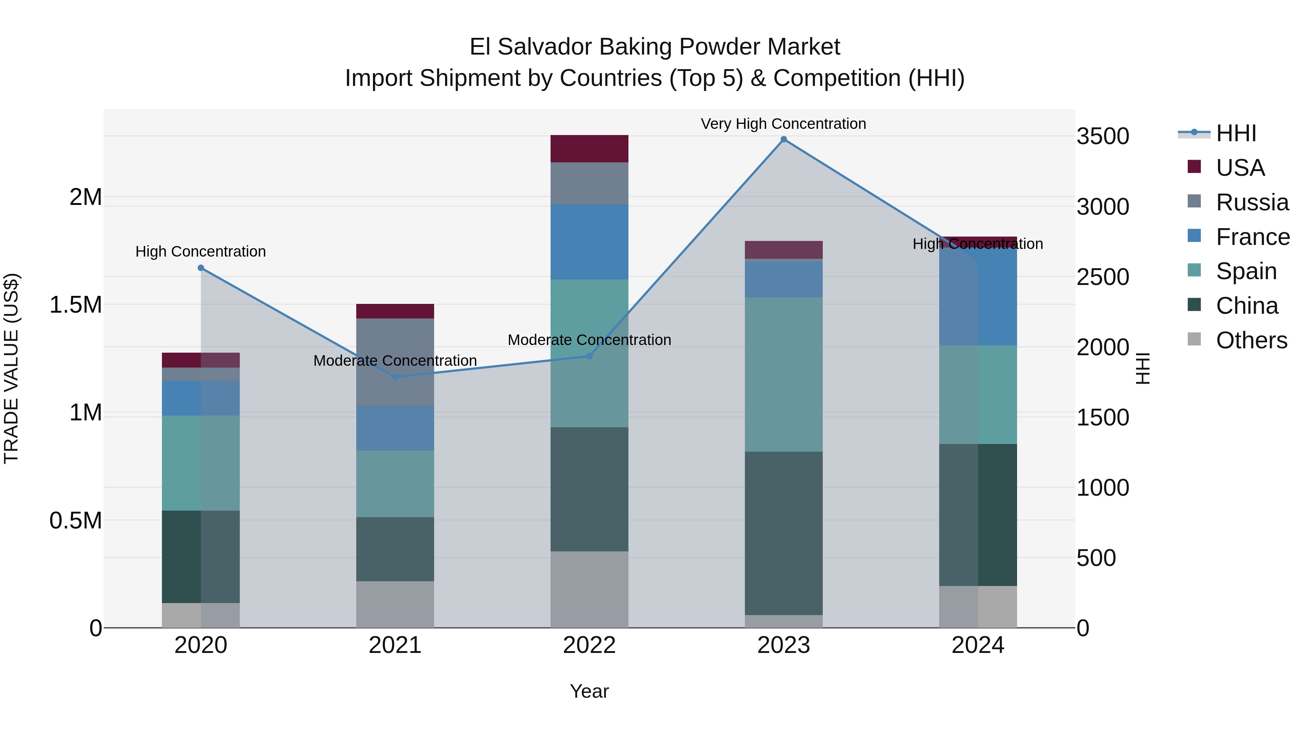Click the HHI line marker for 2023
[x=784, y=139]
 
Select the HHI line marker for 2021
[x=395, y=377]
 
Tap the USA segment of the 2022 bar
[x=589, y=148]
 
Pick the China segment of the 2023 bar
[x=784, y=533]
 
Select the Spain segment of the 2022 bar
[x=589, y=353]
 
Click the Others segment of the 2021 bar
[x=395, y=604]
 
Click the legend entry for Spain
[x=1246, y=271]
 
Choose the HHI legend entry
[x=1235, y=133]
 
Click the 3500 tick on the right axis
[x=1103, y=136]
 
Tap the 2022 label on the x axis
[x=589, y=645]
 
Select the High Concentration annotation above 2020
[x=201, y=251]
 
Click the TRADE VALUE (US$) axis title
[x=11, y=368]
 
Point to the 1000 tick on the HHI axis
[x=1103, y=488]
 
